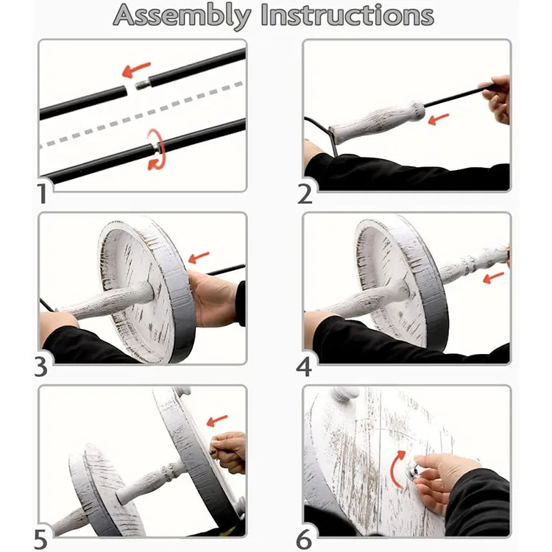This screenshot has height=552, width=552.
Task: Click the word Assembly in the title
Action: pos(182,16)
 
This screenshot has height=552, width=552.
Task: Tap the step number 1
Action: pos(43,194)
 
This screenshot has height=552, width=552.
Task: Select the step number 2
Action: pos(305,194)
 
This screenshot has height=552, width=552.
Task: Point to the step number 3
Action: pos(40,367)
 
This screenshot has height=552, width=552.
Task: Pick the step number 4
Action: pos(304,367)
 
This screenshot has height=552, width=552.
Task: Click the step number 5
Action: pos(40,539)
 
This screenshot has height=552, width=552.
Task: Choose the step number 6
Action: pos(304,539)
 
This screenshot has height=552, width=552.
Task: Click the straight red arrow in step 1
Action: pos(136,69)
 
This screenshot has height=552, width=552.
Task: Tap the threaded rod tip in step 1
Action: pos(142,85)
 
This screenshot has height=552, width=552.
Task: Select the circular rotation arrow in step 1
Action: pos(156,149)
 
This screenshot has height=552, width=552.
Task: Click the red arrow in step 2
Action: pos(439,119)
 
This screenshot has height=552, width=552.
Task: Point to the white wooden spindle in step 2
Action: pos(377,122)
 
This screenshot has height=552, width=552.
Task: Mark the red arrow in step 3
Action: pos(199,258)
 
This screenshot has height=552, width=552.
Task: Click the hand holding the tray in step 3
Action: pos(212,298)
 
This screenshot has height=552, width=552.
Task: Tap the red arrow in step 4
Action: pos(494,277)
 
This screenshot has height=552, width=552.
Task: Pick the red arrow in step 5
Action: pos(217,420)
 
